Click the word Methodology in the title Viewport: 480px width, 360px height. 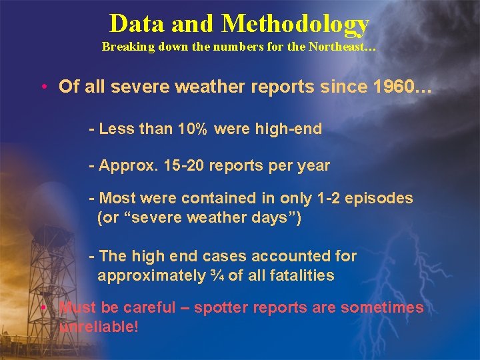pyautogui.click(x=295, y=25)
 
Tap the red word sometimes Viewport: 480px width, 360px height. pyautogui.click(x=382, y=307)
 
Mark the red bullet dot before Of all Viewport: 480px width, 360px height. pyautogui.click(x=43, y=87)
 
